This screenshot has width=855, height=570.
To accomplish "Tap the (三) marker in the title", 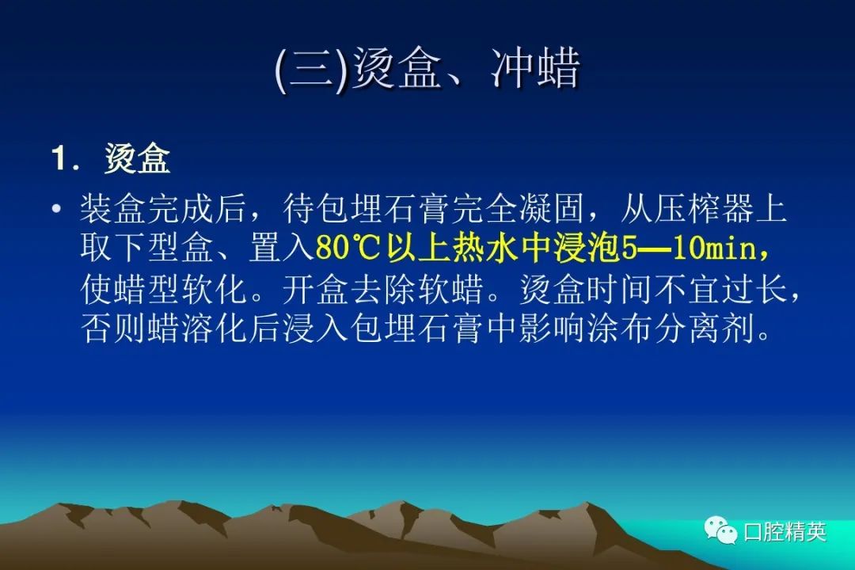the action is coord(311,70).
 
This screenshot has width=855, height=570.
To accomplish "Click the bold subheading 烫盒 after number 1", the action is coord(138,158).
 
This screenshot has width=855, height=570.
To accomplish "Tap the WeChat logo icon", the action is coord(720,530).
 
